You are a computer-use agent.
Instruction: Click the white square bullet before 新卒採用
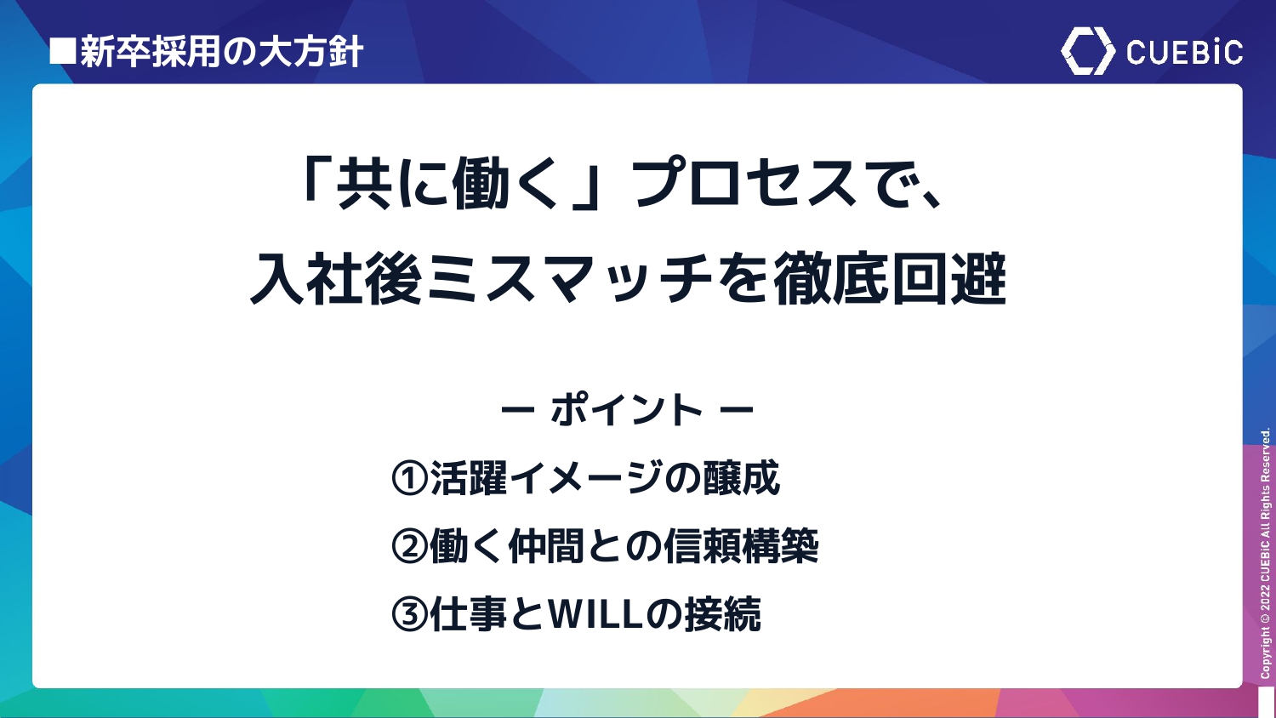point(63,51)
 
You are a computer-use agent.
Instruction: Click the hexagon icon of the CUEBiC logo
point(1087,51)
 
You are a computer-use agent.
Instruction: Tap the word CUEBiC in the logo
point(1184,53)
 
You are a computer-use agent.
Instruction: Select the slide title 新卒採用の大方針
point(220,52)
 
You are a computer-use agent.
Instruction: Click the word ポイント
point(627,409)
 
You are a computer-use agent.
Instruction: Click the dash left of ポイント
point(517,409)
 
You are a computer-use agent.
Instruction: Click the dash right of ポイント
point(737,409)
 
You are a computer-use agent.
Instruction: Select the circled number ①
point(409,478)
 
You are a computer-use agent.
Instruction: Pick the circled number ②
point(409,546)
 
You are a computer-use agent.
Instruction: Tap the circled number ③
point(409,613)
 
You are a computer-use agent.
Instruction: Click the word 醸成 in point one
point(741,477)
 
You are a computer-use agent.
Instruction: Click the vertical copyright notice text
point(1265,553)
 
